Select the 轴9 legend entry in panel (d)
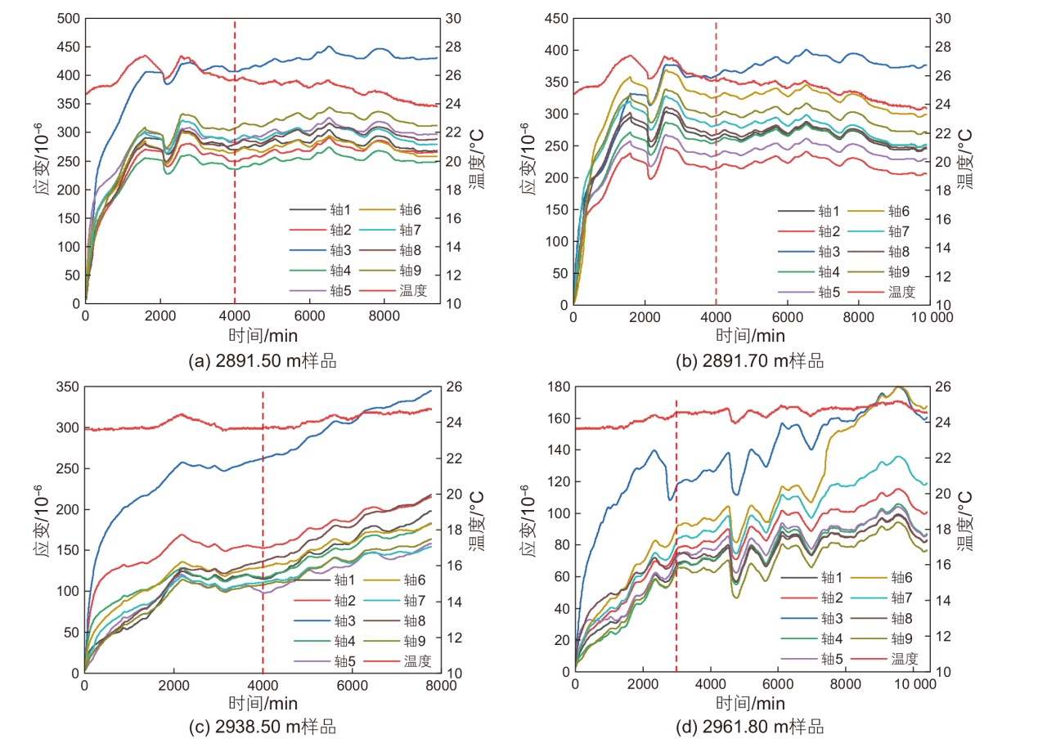click(901, 639)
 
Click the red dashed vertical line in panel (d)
click(676, 531)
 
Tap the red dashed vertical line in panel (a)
click(235, 163)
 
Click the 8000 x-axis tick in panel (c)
click(439, 686)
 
